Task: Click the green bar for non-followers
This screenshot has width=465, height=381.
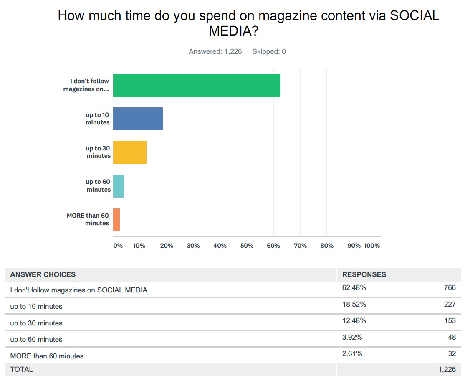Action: coord(196,85)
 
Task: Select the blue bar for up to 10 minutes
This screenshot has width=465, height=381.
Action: coord(138,119)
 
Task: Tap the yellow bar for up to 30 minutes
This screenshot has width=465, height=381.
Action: coord(129,152)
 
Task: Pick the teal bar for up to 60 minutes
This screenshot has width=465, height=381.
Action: coord(118,186)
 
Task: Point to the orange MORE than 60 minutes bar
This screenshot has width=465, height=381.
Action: coord(116,220)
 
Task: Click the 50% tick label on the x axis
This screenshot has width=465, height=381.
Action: coord(247,246)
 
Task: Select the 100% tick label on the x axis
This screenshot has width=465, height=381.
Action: coord(372,246)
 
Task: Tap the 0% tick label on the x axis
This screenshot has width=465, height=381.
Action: coord(118,246)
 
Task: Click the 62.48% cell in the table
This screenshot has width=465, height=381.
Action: coord(354,287)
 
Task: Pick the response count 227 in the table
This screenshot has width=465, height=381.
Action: coord(450,304)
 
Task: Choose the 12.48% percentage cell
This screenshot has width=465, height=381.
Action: coord(354,321)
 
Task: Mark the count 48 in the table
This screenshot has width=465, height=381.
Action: coord(452,337)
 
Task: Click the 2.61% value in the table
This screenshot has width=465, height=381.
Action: coord(352,354)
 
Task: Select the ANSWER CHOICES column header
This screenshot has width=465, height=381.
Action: coord(43,274)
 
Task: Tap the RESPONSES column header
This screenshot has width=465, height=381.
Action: coord(364,274)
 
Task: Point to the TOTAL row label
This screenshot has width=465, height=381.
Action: coord(21,369)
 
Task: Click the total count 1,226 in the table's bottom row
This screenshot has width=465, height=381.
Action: coord(447,369)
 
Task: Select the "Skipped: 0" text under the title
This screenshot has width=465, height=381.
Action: coord(269,52)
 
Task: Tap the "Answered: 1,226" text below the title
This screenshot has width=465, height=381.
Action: coord(215,52)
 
